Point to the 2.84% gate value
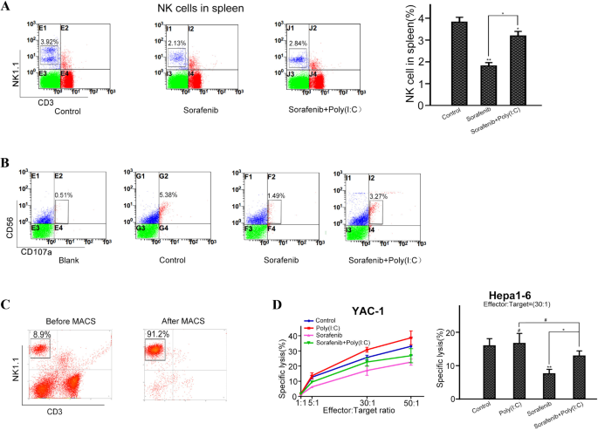299,43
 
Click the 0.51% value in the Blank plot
65,195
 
